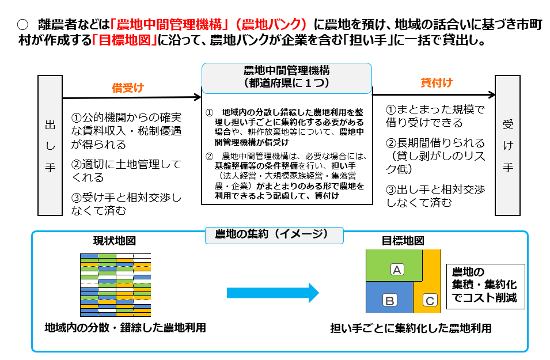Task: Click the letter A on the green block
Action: pos(397,269)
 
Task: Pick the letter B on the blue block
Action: pos(389,300)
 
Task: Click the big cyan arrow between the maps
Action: pos(272,292)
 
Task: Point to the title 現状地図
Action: pos(115,240)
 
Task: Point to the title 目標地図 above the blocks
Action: pos(403,240)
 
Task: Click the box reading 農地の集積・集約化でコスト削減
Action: pos(485,286)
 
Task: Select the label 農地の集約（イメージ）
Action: pos(274,234)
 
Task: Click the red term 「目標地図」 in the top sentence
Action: pos(125,41)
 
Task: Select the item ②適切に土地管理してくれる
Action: pos(126,170)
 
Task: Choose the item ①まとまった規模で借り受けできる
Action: pos(435,116)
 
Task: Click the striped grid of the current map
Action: pos(115,285)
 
